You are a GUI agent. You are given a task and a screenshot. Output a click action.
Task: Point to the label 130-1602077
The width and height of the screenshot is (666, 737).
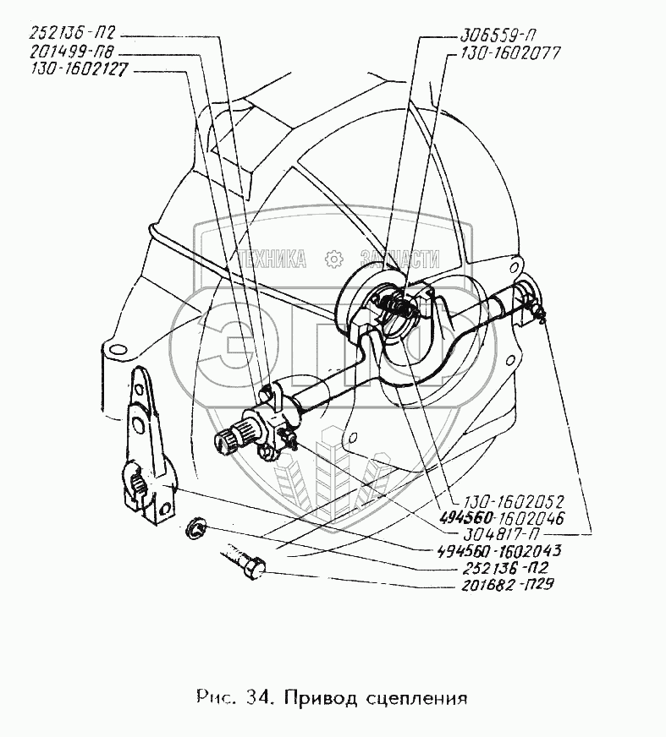point(500,52)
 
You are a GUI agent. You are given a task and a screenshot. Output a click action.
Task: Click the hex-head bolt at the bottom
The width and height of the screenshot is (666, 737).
point(245,564)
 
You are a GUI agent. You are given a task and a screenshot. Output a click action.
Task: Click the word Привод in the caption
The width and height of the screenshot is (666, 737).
point(324,700)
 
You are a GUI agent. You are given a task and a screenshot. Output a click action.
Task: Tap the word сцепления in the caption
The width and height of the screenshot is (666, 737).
point(420,700)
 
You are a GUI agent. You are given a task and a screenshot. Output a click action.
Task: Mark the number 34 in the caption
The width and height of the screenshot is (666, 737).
point(259,699)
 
